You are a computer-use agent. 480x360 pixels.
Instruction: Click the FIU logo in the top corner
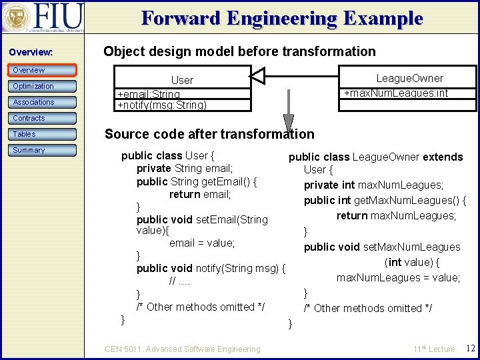(43, 17)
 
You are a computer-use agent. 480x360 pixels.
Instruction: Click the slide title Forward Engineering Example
(282, 18)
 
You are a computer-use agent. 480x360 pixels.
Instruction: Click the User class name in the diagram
(182, 80)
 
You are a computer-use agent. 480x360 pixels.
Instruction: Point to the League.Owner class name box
(409, 78)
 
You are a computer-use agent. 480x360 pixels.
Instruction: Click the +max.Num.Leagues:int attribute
(396, 93)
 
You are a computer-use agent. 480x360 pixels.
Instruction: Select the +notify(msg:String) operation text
(162, 105)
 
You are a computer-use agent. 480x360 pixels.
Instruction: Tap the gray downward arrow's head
(289, 124)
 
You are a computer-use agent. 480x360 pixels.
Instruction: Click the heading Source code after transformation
(209, 134)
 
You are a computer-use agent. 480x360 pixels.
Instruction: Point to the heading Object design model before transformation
(239, 51)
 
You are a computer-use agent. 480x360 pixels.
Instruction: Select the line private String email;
(185, 169)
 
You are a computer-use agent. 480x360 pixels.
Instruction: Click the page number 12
(470, 349)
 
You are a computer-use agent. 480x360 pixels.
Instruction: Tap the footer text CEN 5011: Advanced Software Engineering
(183, 349)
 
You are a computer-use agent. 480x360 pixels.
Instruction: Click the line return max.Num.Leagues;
(396, 215)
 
